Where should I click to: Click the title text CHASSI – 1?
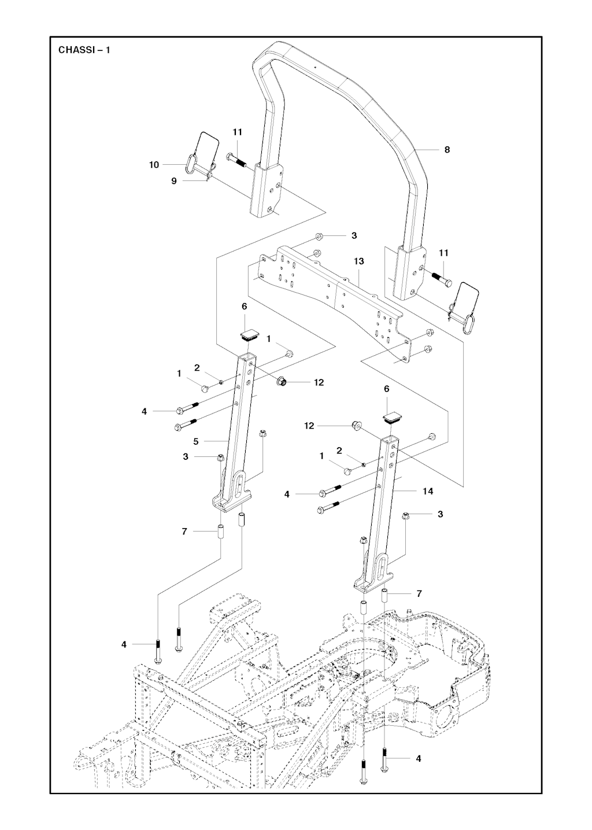[x=84, y=50]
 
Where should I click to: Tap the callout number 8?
[x=447, y=149]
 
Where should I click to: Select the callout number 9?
[x=174, y=181]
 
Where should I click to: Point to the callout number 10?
[x=154, y=165]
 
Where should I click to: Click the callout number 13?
[x=359, y=261]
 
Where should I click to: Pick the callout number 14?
[x=428, y=491]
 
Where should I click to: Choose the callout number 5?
[x=196, y=441]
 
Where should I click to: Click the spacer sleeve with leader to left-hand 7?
[x=220, y=531]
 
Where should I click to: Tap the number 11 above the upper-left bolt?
[x=238, y=132]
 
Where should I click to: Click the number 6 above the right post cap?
[x=387, y=390]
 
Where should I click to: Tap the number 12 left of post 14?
[x=309, y=426]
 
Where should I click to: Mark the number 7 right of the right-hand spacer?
[x=419, y=594]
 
